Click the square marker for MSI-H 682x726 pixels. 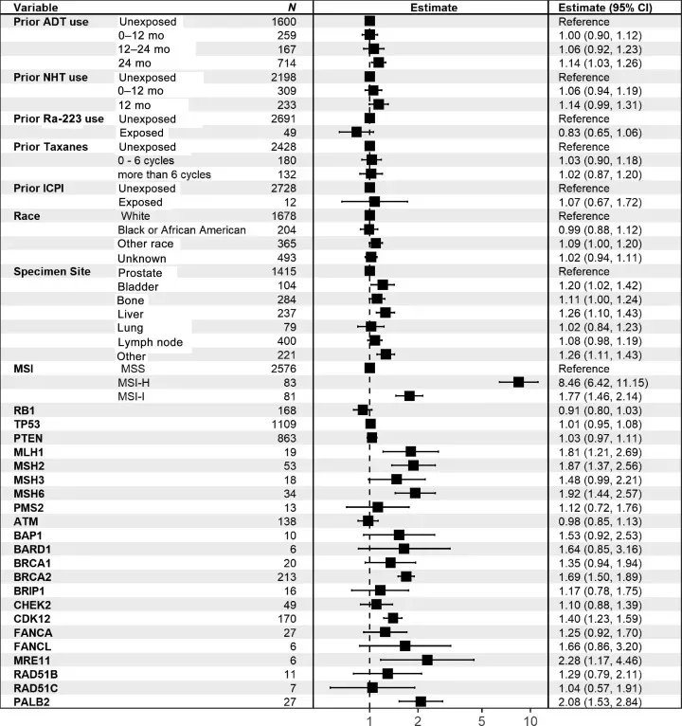[518, 382]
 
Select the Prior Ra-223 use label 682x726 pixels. [59, 118]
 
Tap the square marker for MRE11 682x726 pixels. [427, 660]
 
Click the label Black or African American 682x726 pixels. [182, 230]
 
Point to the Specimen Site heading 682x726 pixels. [52, 272]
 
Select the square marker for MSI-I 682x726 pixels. [409, 395]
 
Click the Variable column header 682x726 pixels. [36, 7]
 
